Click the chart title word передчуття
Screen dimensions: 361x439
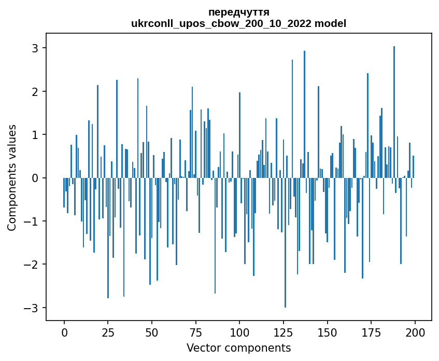coord(238,12)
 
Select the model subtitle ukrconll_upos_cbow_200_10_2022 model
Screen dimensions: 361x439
coord(238,23)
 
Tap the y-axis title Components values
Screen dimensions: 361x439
coord(12,177)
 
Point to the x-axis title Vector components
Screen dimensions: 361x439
coord(238,348)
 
